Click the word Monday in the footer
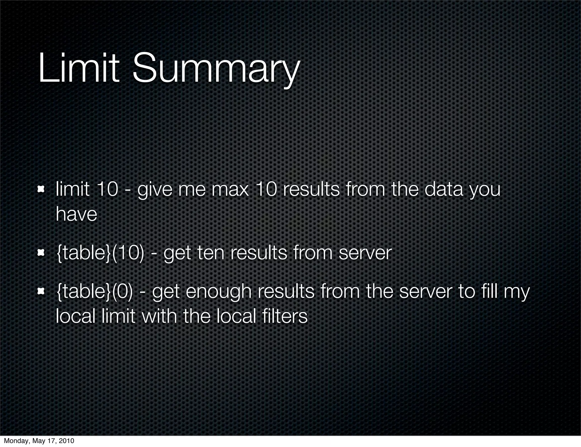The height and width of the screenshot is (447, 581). point(14,441)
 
